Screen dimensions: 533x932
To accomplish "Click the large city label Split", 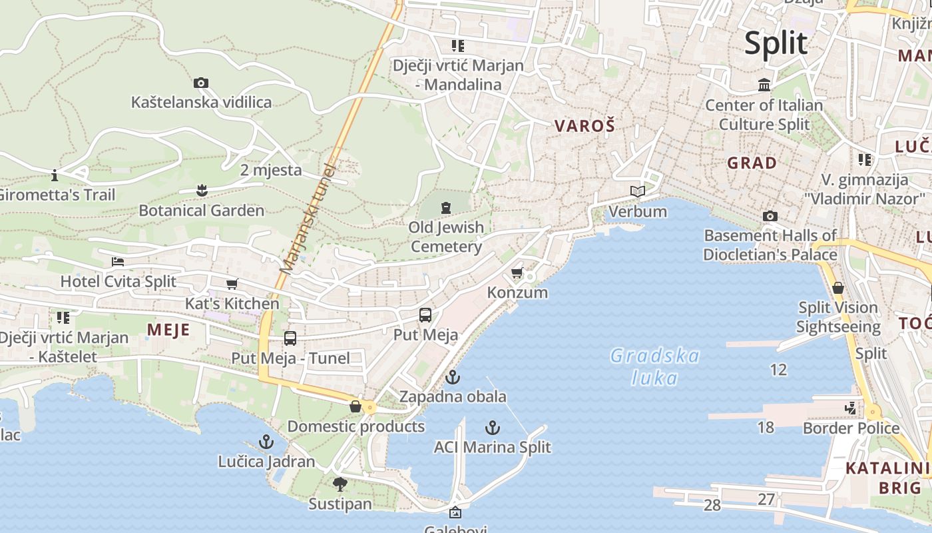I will pos(776,43).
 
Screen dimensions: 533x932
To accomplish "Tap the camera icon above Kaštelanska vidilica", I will pos(201,83).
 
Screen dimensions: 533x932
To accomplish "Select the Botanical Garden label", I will pos(201,211).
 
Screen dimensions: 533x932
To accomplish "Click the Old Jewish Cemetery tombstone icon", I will pos(446,208).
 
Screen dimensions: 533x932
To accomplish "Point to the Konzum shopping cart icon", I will pos(517,273).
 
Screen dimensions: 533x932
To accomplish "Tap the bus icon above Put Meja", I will pos(425,315).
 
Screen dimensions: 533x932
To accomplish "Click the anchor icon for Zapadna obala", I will pos(453,377).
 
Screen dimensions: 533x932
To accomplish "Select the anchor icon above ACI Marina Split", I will pos(493,427).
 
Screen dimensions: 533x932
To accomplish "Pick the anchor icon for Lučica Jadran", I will pos(266,442).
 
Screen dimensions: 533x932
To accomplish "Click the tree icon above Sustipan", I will pos(340,484).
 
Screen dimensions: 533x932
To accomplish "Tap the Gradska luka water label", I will pos(655,366).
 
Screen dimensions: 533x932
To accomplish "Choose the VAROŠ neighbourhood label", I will pos(584,125).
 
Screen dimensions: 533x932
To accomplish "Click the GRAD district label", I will pos(752,163).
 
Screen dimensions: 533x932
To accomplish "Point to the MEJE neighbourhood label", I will pos(168,330).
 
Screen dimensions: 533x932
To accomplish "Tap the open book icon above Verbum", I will pos(638,192).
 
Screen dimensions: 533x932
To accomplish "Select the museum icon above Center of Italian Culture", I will pos(764,85).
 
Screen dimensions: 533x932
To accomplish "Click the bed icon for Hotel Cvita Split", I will pos(118,262).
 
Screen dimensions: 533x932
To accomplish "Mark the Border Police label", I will pos(851,428).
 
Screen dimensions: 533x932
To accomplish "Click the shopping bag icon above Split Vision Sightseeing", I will pos(838,288).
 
